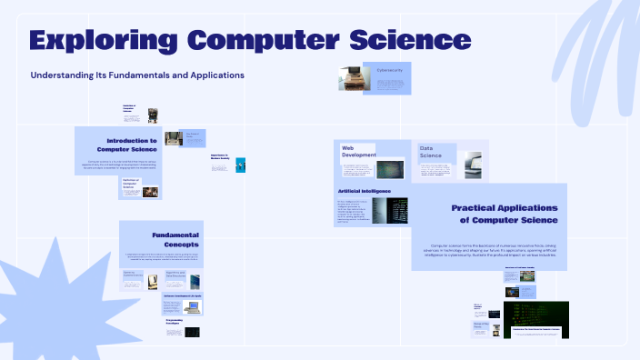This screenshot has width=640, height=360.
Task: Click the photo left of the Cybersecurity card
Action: (351, 78)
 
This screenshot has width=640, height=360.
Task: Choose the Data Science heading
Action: (431, 152)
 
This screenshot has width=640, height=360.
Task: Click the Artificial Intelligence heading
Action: (365, 191)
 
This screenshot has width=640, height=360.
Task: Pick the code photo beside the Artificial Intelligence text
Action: (390, 211)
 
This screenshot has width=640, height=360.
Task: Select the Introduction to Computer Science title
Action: (131, 145)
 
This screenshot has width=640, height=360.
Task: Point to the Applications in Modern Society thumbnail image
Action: (240, 165)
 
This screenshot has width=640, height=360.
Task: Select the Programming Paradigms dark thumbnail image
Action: (192, 332)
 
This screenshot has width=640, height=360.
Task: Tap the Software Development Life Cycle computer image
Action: (194, 306)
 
